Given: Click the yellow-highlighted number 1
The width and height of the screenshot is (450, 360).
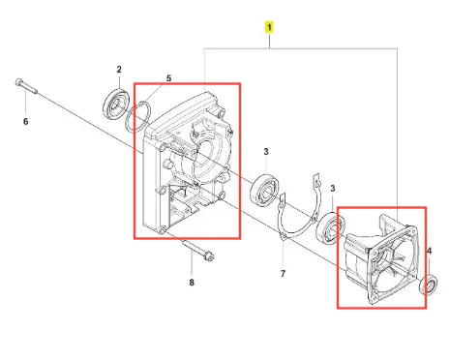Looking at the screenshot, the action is coord(269,27).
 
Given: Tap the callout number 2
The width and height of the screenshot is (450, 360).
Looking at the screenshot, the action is coord(119,70).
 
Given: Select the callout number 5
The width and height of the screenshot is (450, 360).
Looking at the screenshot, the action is coord(168,78).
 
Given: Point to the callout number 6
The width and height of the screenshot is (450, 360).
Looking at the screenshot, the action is coord(26,122).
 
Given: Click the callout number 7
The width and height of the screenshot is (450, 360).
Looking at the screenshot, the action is coord(283,274).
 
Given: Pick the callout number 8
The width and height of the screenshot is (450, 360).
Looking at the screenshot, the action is coord(192,283).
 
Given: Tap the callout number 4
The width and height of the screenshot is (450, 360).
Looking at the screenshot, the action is coord(430,251).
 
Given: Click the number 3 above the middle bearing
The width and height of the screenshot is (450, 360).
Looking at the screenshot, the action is coord(266,151).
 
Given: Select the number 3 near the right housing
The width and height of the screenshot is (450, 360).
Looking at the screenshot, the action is coord(333,189).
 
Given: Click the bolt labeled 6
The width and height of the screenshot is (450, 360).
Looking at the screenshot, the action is coord(26,86).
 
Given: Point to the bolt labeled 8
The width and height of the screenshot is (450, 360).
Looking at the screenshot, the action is coord(198,250).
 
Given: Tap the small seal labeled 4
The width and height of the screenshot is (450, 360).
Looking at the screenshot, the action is coord(429,285).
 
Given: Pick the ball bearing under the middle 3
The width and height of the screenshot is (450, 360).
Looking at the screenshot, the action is coord(266,191).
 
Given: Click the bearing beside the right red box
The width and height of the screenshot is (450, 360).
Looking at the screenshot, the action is coord(330,229).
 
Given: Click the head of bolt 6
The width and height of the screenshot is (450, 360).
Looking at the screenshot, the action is coord(19,82).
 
